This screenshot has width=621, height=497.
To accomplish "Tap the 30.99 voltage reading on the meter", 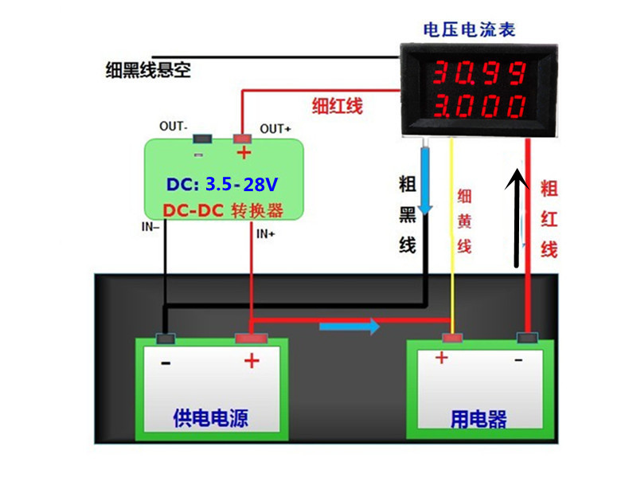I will coord(478,75).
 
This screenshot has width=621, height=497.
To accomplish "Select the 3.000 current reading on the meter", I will coord(478,106).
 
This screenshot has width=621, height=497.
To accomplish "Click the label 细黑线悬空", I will coord(148,70).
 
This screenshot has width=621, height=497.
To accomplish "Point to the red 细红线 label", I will coord(337,105).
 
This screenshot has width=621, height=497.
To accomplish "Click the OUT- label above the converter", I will coord(174,126).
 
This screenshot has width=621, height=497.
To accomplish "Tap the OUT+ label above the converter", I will coord(276,128).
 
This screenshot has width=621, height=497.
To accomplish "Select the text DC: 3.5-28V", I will coord(222,185).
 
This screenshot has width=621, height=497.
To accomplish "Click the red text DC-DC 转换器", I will coord(223,210).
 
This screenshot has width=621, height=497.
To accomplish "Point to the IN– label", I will coord(150,227).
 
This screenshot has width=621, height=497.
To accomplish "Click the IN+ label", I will coord(266,233).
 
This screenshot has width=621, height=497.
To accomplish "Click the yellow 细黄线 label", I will coord(464,222).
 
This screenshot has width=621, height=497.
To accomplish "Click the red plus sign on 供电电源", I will coord(252,362).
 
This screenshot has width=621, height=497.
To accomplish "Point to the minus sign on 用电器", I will coord(518,360).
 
